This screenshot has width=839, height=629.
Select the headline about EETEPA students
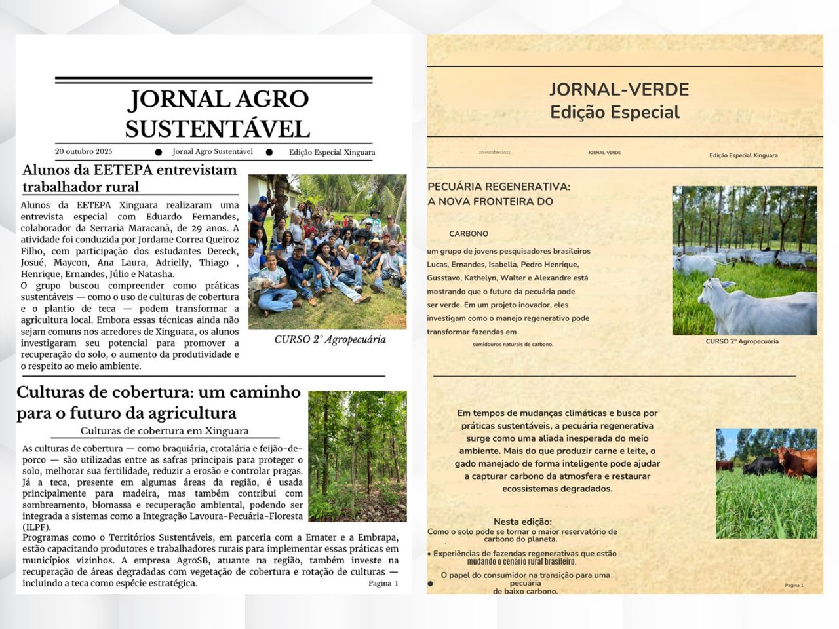tap(129, 178)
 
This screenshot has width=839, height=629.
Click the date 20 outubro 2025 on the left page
tap(83, 151)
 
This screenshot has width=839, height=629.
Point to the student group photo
tap(327, 251)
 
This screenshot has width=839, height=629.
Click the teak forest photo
tap(357, 456)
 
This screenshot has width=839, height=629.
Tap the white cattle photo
tap(745, 260)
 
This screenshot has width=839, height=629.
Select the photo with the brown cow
tap(766, 483)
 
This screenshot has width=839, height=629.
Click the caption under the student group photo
tap(330, 339)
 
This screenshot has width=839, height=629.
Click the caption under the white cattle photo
tap(742, 341)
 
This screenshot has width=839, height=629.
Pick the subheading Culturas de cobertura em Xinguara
tap(165, 430)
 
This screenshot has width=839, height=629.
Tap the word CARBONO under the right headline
tap(469, 233)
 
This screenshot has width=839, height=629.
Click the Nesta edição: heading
tap(522, 522)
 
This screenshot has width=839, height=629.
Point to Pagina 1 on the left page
tap(383, 583)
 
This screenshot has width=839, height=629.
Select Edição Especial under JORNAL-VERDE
tap(615, 112)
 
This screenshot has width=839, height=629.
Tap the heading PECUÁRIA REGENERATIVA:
tap(499, 187)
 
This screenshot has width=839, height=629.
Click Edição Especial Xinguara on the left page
tap(332, 152)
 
